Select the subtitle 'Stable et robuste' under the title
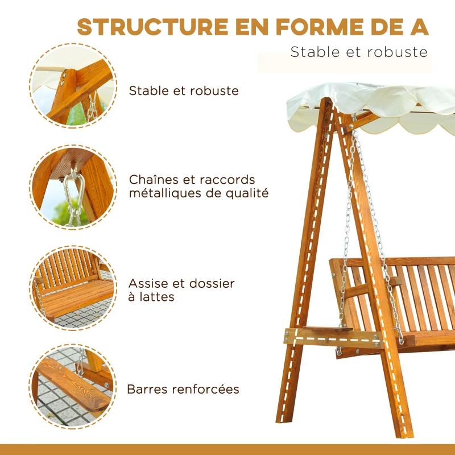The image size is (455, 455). pos(358,52)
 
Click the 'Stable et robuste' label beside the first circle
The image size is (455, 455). pos(184,90)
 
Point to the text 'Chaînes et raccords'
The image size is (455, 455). pos(192,180)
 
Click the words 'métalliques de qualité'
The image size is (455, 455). pos(198,193)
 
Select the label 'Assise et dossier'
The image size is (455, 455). pos(181,283)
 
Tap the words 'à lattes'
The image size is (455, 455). pos(151,296)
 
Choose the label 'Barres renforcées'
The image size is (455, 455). pos(183,390)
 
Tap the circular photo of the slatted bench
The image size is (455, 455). pos(72,288)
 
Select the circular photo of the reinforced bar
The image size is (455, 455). pos(72,386)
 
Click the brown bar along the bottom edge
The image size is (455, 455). pos(227,449)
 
